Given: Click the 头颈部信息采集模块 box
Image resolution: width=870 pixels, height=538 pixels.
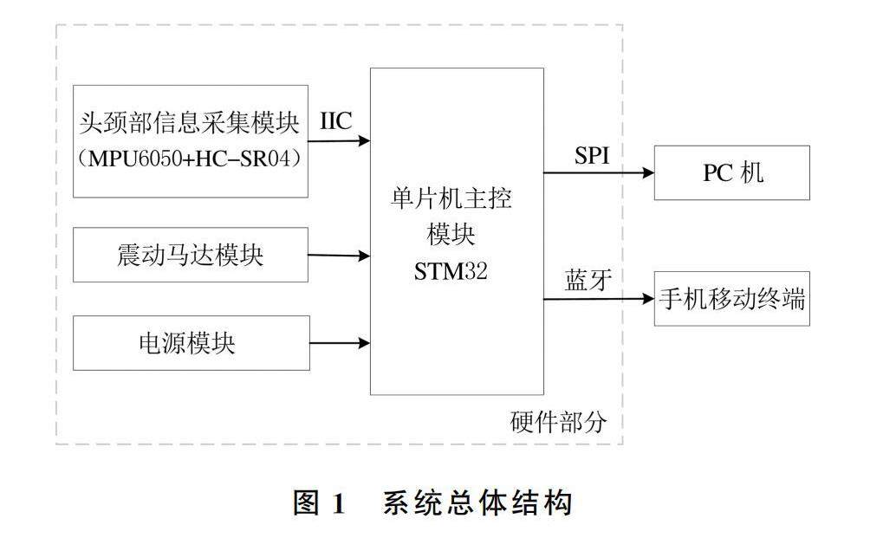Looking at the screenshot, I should tap(191, 140).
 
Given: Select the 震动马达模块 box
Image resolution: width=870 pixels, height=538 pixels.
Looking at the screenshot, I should tap(191, 255).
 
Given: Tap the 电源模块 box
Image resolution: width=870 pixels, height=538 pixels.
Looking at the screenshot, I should tap(191, 343).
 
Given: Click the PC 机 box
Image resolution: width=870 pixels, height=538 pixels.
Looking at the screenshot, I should tap(732, 173).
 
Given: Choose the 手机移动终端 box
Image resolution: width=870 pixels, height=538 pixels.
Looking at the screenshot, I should tap(732, 300).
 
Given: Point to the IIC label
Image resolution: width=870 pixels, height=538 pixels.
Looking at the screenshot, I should tap(336, 121).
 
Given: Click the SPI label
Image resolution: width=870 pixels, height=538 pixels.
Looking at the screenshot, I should tap(593, 156).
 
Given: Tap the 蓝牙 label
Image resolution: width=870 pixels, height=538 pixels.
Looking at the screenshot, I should tap(589, 281).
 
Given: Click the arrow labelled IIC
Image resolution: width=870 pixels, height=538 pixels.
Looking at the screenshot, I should tap(340, 139).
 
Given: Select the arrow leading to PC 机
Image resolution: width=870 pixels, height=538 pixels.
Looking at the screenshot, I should tap(599, 173).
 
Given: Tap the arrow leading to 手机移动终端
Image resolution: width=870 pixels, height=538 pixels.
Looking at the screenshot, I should tap(599, 300).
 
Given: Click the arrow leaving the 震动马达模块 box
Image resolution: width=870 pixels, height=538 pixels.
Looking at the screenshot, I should tap(340, 256).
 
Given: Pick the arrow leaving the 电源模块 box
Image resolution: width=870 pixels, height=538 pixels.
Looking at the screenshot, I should tap(340, 343).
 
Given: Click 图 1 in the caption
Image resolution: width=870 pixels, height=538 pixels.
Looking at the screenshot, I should tap(320, 503).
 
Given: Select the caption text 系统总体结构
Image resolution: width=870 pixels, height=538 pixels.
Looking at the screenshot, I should tap(477, 503).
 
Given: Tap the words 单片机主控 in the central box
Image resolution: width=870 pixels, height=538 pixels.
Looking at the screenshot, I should tap(452, 200).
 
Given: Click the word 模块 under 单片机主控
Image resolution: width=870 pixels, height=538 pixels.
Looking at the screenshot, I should tap(452, 235).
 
